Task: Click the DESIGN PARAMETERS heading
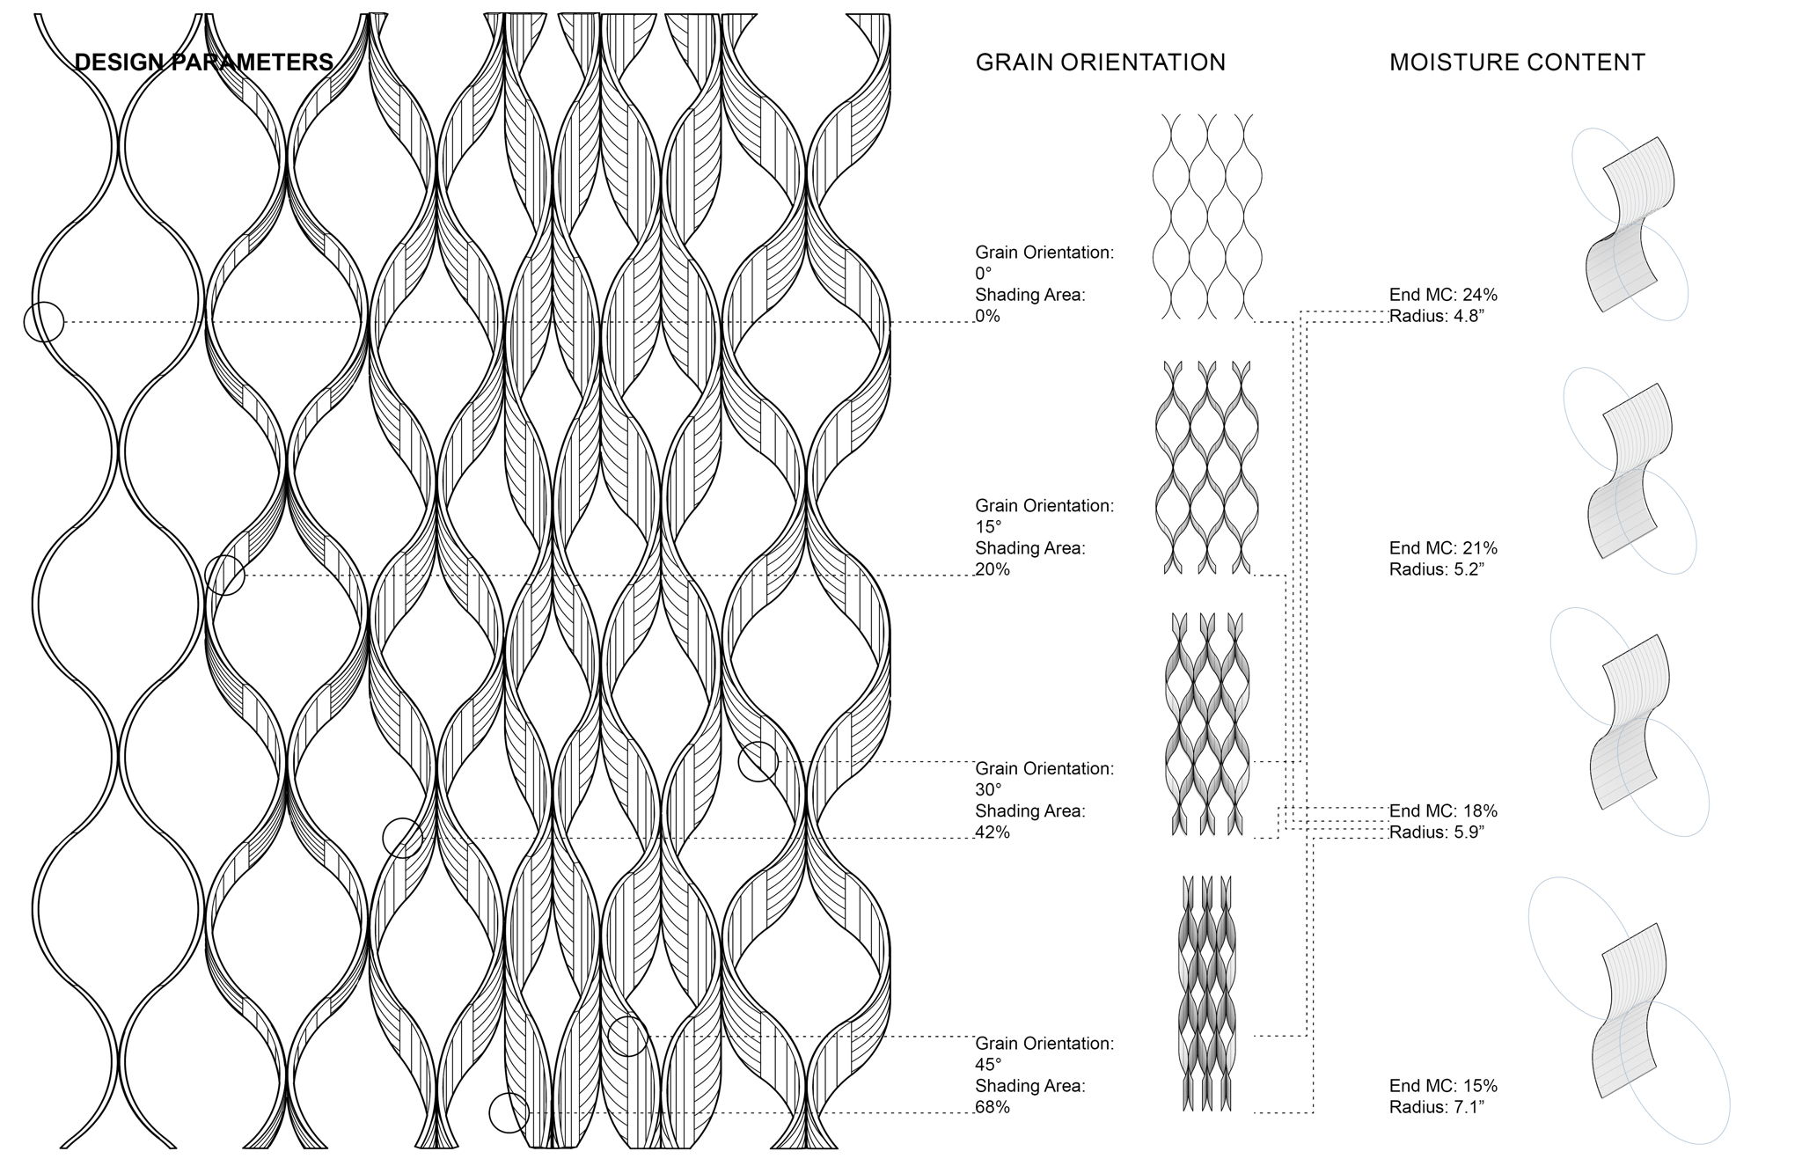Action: coord(203,62)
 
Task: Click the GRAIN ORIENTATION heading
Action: coord(1100,62)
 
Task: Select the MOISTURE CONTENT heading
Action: coord(1517,62)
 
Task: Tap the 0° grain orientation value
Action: coord(983,274)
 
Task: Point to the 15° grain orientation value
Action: coord(988,527)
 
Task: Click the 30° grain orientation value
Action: coord(988,790)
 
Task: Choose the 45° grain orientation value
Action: coord(988,1065)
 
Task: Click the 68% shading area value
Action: coord(993,1107)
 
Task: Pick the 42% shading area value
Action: coord(993,832)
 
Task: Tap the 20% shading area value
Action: coord(993,569)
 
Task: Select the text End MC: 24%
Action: coord(1443,295)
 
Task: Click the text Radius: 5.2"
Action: coord(1437,569)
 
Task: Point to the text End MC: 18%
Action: coord(1443,811)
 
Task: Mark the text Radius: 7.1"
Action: coord(1437,1107)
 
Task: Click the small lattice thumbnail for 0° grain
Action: coord(1207,216)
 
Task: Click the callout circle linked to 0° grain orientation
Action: coord(44,322)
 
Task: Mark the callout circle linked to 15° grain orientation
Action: coord(224,576)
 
